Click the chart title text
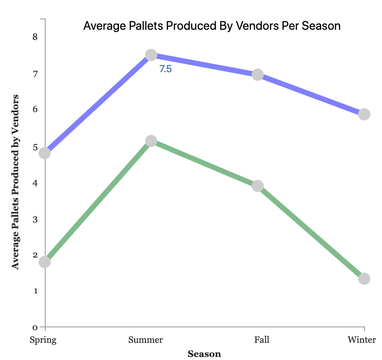[212, 25]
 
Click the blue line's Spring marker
[44, 153]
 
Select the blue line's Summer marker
[151, 55]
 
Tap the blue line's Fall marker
[257, 75]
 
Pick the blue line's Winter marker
[364, 114]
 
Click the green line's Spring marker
[44, 262]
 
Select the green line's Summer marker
[151, 141]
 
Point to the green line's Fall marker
[257, 186]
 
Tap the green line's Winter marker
[364, 279]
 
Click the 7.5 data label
[166, 69]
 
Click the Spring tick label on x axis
[43, 340]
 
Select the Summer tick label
[146, 340]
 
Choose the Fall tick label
[261, 340]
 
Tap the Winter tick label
[362, 340]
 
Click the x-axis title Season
[204, 354]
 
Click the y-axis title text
[16, 181]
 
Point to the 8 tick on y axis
[35, 37]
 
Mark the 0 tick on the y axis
[35, 327]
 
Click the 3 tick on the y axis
[35, 220]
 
